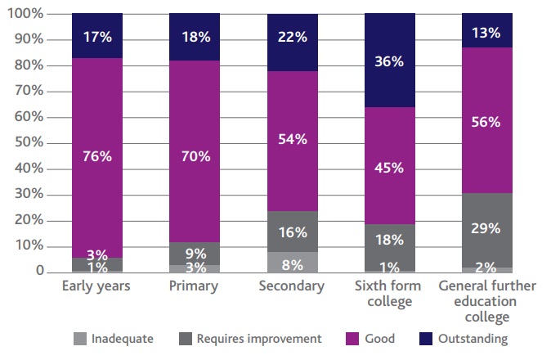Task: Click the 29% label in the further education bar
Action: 486,228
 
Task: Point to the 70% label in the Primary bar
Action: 195,155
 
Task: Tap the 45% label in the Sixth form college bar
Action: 389,168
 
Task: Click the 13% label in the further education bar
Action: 486,33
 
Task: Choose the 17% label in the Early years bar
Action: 97,37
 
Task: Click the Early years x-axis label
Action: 97,286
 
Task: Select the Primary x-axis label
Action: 195,286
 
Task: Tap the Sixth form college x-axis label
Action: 389,294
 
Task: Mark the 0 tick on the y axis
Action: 39,271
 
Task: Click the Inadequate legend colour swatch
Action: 79,338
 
